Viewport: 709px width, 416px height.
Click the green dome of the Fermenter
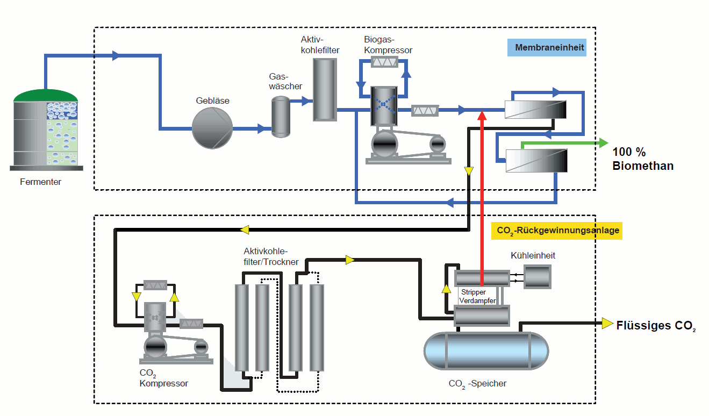click(46, 96)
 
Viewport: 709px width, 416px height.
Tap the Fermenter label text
click(41, 182)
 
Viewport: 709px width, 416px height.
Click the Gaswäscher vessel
click(280, 117)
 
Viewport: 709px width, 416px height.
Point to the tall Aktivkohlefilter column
click(325, 89)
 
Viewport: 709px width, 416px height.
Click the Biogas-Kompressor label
click(388, 45)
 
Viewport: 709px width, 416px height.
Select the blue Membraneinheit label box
click(546, 48)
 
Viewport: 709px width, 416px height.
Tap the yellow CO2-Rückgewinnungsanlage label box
click(556, 231)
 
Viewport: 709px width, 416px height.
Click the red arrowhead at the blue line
click(482, 114)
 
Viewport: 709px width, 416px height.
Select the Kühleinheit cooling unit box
click(537, 276)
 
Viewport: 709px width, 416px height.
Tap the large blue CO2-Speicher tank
click(486, 351)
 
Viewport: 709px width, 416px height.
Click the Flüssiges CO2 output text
click(656, 326)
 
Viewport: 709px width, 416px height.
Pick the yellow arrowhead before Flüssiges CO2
click(607, 323)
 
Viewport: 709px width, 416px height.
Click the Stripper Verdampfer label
click(477, 296)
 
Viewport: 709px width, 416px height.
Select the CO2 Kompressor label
click(163, 378)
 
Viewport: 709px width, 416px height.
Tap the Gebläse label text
click(212, 101)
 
